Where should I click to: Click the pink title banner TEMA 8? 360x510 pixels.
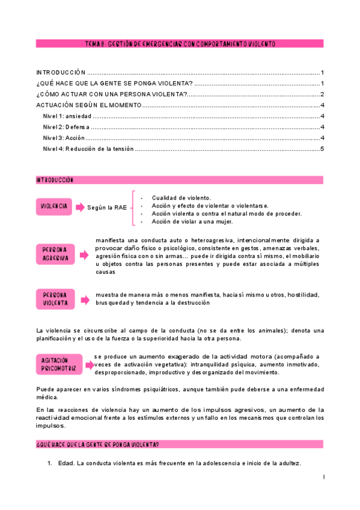(180, 44)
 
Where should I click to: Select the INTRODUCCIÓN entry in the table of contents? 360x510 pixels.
(61, 72)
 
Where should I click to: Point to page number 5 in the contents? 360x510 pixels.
(323, 149)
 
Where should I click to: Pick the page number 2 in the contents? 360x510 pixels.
(323, 94)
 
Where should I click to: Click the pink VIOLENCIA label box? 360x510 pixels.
(54, 206)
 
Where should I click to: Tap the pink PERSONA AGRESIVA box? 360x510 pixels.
(55, 253)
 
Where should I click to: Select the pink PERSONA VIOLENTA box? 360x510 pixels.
(55, 298)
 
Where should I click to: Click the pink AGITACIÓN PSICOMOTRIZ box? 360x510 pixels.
(58, 363)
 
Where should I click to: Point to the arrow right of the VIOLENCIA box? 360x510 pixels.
(80, 207)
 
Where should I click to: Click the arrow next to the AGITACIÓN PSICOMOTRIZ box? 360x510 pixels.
(89, 363)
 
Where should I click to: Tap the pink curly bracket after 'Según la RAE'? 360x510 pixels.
(134, 208)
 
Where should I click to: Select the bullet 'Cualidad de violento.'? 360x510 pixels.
(181, 198)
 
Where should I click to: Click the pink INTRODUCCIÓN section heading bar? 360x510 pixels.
(180, 180)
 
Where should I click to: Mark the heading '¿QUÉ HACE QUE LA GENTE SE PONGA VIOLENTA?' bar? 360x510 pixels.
(180, 444)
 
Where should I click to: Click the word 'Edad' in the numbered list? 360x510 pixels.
(66, 463)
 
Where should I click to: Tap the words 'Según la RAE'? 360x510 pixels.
(106, 207)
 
